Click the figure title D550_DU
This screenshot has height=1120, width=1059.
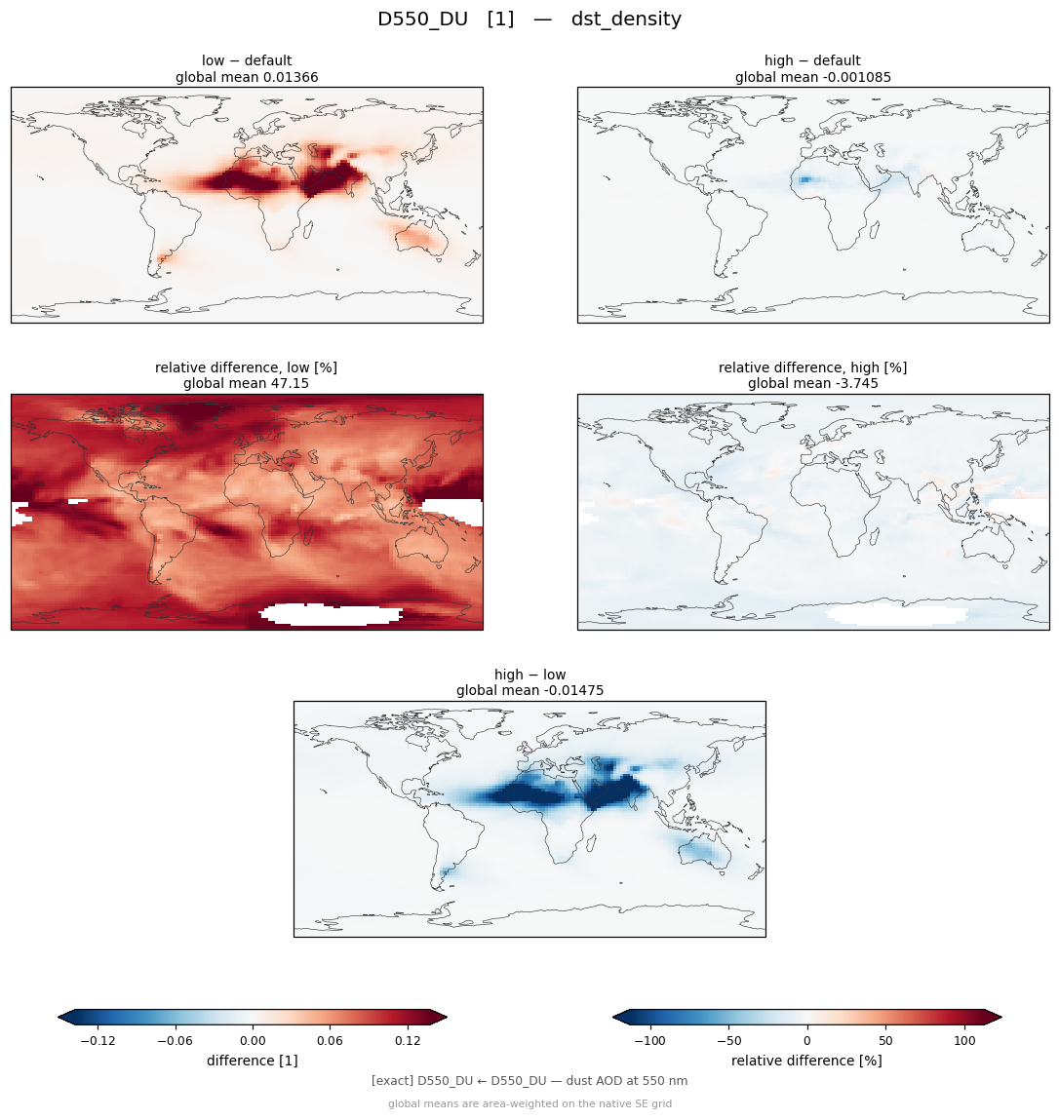(422, 19)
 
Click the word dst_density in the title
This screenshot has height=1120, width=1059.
(626, 19)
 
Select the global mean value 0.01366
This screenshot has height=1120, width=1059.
(291, 77)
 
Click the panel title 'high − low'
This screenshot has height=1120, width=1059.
(530, 675)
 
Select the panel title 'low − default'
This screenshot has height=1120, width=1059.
(247, 60)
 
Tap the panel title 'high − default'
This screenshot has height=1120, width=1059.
(812, 60)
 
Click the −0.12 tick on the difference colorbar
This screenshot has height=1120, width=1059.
(98, 1041)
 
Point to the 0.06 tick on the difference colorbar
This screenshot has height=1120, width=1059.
(331, 1041)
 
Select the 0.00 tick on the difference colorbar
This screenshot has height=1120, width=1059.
(253, 1041)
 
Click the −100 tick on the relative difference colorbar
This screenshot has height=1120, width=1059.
(649, 1041)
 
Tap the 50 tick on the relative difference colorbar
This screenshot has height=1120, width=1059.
(885, 1041)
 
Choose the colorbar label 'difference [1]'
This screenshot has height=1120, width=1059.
(253, 1061)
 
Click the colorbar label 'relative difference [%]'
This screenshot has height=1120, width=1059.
(806, 1061)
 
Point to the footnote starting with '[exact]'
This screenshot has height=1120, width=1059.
(529, 1081)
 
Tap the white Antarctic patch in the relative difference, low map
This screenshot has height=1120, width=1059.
(331, 614)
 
